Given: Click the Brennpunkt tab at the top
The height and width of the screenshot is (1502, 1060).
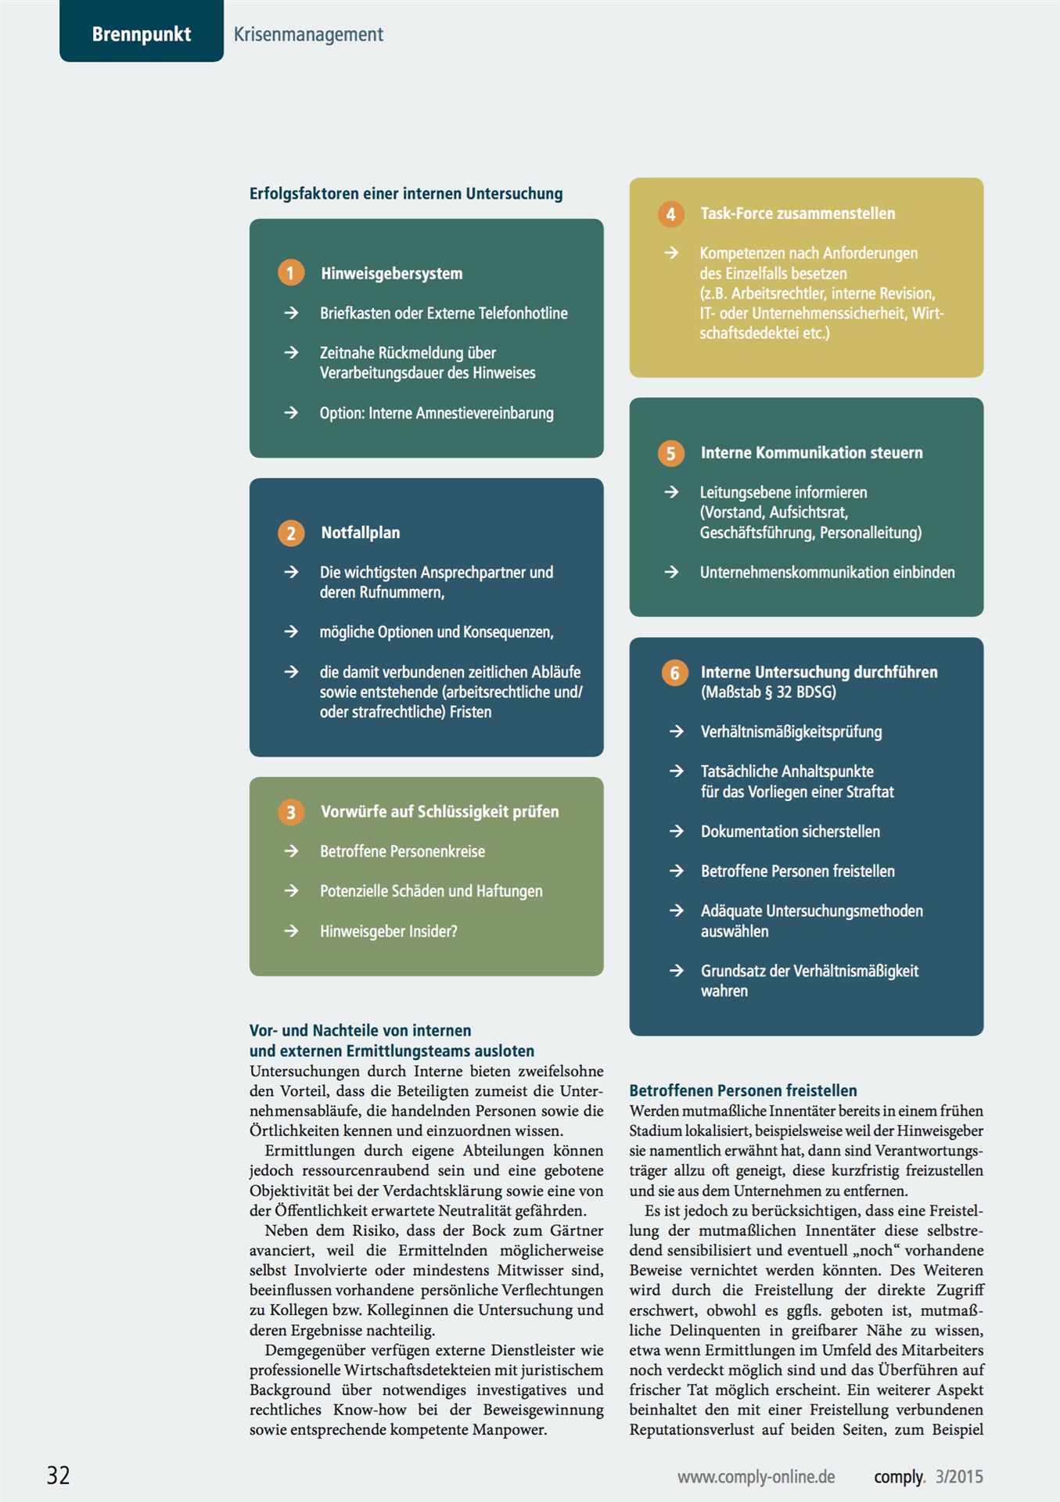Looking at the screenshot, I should click(142, 34).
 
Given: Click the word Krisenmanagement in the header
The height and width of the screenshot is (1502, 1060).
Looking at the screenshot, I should click(308, 34).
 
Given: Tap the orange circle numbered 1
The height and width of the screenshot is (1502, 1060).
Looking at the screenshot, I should click(291, 273).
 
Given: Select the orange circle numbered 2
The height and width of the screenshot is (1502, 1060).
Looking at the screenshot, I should click(291, 533).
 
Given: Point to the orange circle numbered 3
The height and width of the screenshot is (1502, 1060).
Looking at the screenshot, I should click(291, 812).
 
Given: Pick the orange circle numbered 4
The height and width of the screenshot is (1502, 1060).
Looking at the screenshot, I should click(670, 214).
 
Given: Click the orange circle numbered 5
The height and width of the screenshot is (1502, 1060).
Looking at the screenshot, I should click(670, 453).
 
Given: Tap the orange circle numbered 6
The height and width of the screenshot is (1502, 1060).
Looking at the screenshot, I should click(674, 673).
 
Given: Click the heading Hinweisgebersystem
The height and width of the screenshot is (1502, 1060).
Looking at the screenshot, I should click(391, 273).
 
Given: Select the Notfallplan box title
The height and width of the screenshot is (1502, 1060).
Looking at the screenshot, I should click(360, 533).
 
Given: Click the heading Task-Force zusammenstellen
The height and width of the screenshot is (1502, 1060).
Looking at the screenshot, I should click(797, 214).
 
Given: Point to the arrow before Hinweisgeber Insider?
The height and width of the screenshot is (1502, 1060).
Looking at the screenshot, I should click(291, 931).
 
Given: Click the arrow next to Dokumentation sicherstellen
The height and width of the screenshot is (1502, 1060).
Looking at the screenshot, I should click(677, 831).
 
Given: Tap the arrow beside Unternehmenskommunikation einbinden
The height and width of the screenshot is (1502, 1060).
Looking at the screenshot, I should click(671, 572).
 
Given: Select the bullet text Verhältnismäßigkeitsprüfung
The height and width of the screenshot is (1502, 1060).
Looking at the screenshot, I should click(791, 731).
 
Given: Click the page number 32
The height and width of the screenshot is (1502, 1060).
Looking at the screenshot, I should click(59, 1475).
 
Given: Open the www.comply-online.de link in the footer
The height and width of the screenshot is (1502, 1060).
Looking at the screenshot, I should click(756, 1476).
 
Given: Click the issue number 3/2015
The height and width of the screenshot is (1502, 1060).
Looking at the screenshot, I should click(959, 1476).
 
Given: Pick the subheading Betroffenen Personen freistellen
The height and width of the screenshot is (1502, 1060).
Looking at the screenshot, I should click(742, 1090).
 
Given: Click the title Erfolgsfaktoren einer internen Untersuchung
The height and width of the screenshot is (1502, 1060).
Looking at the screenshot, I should click(406, 193).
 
